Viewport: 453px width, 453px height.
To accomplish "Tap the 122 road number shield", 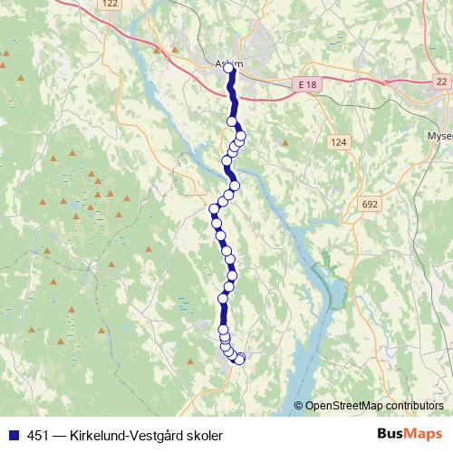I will pos(111,5).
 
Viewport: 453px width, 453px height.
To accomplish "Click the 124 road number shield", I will pos(338,142).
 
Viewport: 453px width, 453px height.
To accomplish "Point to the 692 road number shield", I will pos(369,205).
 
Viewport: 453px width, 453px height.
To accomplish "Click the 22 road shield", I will pos(441,82).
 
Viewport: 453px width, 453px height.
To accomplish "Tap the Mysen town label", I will pos(439,136).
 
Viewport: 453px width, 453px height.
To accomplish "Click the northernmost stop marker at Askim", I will pos(229,68).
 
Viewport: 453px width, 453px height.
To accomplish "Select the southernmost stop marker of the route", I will pos(239,359).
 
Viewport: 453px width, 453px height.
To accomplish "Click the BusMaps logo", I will pos(410,434).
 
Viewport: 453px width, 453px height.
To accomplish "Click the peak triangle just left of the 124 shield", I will pos(285,142).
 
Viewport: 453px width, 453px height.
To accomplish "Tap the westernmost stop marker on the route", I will pos(215,209).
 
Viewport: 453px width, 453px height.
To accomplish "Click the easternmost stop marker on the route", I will pos(241,136).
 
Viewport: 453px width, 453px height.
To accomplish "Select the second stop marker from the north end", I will pos(232,120).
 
